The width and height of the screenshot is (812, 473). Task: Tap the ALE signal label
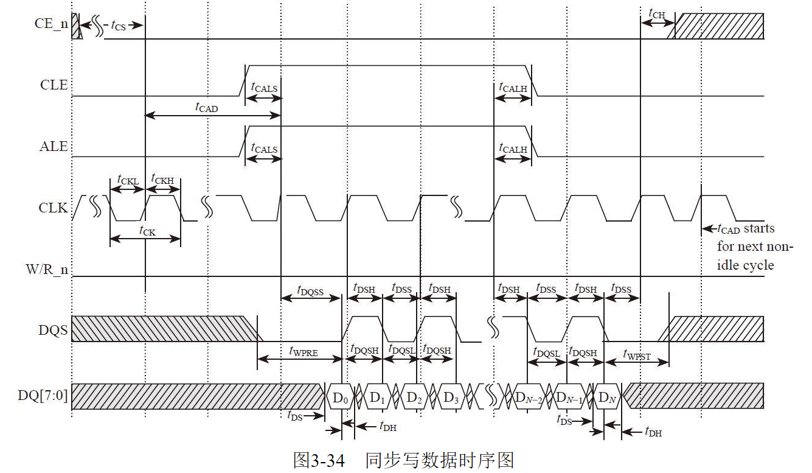tap(54, 147)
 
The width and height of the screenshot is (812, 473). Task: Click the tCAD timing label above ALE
tap(206, 107)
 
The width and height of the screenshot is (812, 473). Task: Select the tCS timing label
tap(118, 25)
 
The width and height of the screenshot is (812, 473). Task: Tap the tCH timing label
tap(656, 12)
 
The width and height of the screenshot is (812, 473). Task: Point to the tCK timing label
tap(147, 231)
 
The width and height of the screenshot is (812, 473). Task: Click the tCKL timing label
tap(127, 180)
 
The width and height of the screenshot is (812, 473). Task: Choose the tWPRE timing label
tap(303, 351)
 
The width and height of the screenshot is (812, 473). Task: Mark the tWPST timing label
tap(637, 356)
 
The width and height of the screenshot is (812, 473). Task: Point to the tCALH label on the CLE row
tap(513, 88)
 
